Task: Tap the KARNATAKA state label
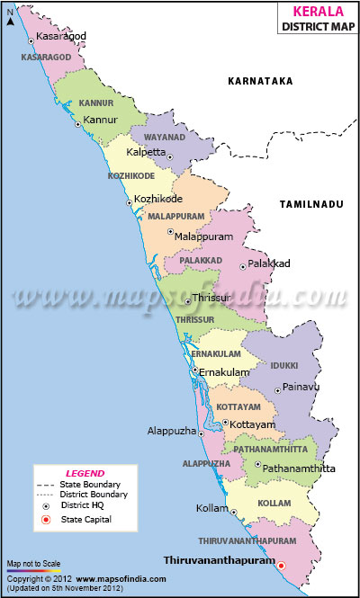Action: pos(261,81)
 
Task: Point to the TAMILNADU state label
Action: pos(311,205)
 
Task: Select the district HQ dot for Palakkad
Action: pos(242,266)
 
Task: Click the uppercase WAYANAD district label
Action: pos(164,138)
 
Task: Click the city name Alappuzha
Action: pos(171,432)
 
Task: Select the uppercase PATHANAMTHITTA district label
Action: pos(271,448)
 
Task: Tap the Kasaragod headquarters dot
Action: pos(32,40)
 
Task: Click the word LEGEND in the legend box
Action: pos(85,473)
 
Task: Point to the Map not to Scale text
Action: pos(34,562)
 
